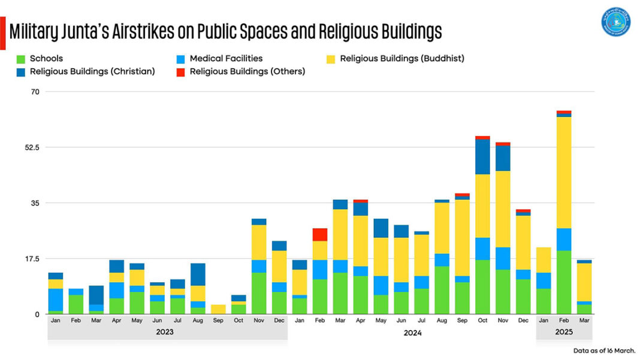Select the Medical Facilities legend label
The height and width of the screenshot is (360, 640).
[226, 59]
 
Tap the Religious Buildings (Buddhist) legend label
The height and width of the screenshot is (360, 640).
[401, 59]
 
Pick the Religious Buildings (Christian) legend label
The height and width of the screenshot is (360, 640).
[92, 71]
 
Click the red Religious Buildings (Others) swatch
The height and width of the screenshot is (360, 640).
[181, 71]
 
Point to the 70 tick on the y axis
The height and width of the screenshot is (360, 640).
[35, 92]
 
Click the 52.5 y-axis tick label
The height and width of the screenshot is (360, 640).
[32, 147]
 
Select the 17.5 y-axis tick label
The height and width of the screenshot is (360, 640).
[32, 259]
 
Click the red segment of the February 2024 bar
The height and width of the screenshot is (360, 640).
[320, 234]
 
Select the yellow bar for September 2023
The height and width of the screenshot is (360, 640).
[218, 309]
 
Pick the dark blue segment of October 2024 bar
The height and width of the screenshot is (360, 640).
[482, 157]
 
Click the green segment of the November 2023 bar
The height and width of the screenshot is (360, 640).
[259, 293]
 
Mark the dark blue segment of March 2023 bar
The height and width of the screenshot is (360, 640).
[96, 295]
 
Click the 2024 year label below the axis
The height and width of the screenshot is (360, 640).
[412, 332]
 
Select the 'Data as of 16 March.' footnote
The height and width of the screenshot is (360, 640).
[603, 350]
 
